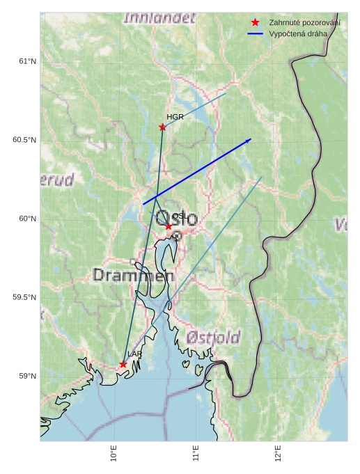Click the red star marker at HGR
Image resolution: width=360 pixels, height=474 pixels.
(x=162, y=127)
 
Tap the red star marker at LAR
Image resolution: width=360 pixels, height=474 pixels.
(x=123, y=364)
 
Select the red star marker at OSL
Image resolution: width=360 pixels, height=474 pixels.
(x=169, y=226)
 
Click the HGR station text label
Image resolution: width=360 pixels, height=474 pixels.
(x=175, y=117)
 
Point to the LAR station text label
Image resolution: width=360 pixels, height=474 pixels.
(x=134, y=354)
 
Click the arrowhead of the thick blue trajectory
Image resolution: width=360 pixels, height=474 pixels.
(x=249, y=141)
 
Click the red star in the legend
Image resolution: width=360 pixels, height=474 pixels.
(x=255, y=23)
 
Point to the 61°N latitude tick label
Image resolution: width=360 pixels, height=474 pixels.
(x=27, y=62)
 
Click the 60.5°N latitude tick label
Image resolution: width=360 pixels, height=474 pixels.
(x=24, y=140)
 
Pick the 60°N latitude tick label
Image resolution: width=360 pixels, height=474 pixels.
(x=27, y=219)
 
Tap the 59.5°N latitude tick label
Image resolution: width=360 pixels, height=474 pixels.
(x=24, y=297)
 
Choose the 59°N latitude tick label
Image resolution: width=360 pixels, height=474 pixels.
(x=27, y=376)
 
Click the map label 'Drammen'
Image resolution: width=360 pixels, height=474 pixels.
(x=133, y=276)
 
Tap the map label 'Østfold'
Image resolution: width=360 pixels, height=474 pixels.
(x=213, y=338)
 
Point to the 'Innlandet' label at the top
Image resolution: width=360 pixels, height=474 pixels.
(x=159, y=18)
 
